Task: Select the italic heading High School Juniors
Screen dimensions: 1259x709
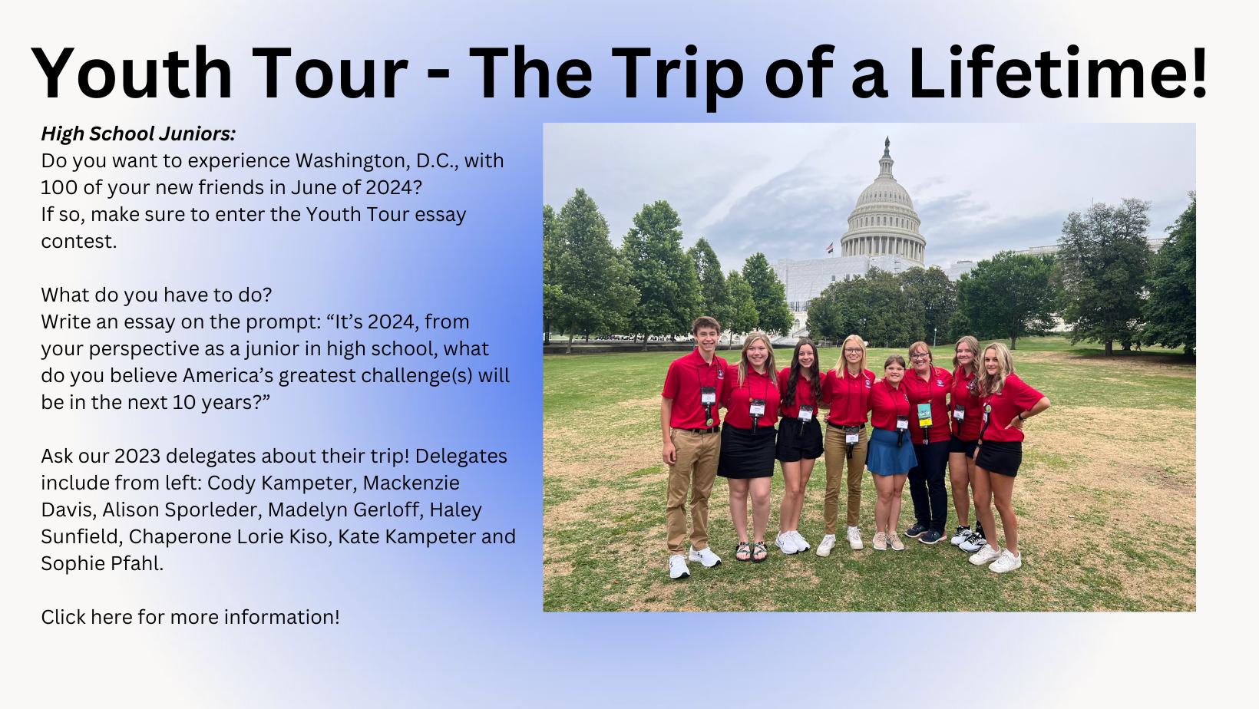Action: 138,134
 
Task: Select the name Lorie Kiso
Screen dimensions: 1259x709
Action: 283,536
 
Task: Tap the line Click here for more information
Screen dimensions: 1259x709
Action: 190,617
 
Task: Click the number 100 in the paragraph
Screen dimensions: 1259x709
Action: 59,188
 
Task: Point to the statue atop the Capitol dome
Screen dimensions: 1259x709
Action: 887,143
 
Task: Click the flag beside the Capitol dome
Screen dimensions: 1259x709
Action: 830,247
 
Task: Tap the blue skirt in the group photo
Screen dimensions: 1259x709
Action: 891,452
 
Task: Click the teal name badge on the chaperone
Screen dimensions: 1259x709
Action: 924,415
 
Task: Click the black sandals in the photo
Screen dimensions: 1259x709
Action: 752,551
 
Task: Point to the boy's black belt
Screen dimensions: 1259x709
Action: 702,430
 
